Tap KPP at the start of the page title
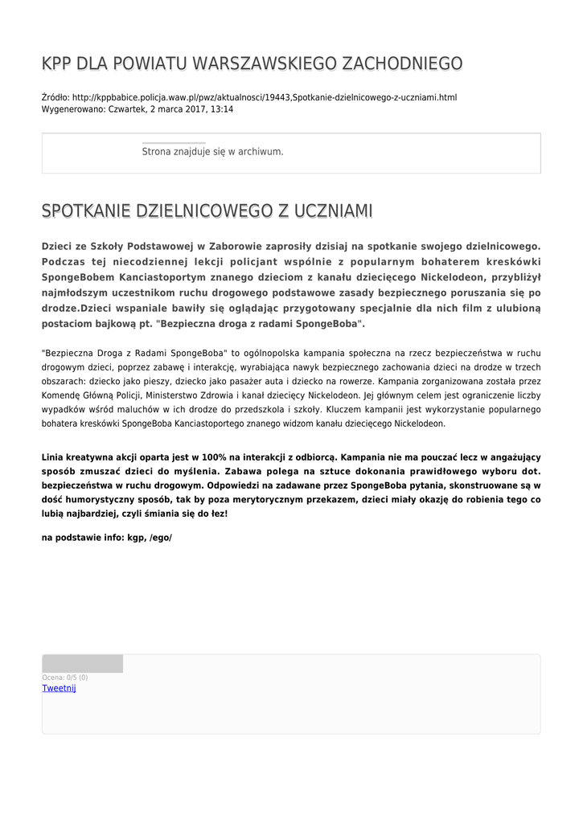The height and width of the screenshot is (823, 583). pyautogui.click(x=56, y=63)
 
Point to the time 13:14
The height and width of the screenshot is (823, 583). pyautogui.click(x=221, y=109)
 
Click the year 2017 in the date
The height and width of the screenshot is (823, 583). pyautogui.click(x=194, y=109)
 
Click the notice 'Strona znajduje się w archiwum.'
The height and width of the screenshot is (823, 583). pyautogui.click(x=212, y=151)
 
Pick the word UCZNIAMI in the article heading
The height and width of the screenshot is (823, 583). pyautogui.click(x=333, y=211)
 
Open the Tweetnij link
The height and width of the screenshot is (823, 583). pyautogui.click(x=59, y=688)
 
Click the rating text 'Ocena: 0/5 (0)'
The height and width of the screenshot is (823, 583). pyautogui.click(x=65, y=678)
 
